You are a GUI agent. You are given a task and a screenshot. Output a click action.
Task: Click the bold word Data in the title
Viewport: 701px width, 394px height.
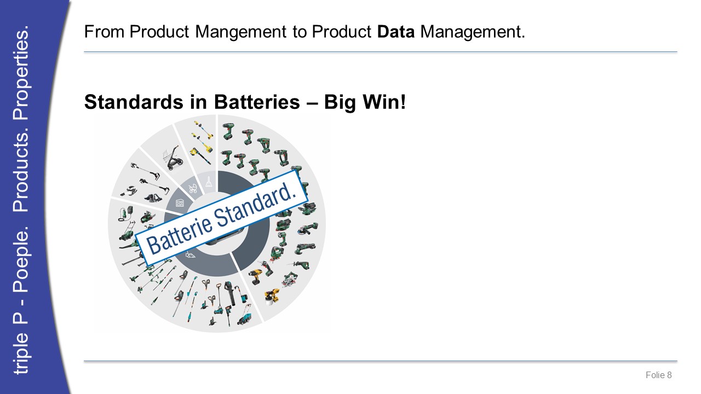point(396,32)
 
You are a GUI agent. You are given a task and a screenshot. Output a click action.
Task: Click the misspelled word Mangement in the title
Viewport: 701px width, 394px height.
point(240,32)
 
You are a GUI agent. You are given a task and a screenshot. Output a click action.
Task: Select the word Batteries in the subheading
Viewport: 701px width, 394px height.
point(257,102)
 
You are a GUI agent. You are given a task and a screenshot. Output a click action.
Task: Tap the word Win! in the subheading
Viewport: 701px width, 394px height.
point(384,102)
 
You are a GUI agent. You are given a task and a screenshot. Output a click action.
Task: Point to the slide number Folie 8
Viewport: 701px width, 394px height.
point(658,375)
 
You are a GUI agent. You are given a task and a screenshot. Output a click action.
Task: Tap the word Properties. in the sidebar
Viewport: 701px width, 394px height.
point(21,73)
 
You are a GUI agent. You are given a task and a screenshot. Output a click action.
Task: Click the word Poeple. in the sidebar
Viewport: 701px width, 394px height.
point(21,260)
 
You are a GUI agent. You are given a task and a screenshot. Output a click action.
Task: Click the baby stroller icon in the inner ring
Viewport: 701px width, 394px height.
point(192,188)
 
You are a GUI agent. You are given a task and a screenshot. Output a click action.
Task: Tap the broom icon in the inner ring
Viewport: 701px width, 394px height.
point(209,181)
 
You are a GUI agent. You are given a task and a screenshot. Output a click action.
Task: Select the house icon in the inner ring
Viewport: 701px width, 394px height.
point(180,204)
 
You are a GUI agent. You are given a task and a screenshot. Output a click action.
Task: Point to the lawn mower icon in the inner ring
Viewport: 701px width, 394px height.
point(190,255)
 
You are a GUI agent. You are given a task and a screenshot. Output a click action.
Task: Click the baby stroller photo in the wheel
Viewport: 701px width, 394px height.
point(172,158)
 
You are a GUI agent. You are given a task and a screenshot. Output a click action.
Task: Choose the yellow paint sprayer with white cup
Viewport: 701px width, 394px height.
point(271,297)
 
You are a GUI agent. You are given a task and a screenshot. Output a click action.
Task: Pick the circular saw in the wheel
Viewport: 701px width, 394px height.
point(290,279)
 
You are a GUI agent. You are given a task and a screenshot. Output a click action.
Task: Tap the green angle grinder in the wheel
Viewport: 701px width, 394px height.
point(308,228)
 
